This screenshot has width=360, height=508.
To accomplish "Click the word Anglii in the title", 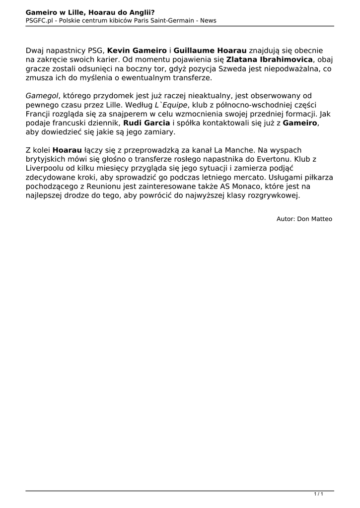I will pyautogui.click(x=140, y=12).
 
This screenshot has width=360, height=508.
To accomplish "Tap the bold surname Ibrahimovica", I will pyautogui.click(x=283, y=60).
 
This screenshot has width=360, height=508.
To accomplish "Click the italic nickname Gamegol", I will pyautogui.click(x=42, y=95).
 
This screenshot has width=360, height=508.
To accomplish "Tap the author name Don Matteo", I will pyautogui.click(x=315, y=218).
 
